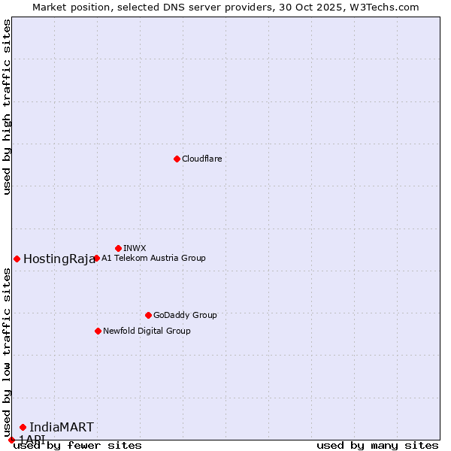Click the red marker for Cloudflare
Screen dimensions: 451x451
177,159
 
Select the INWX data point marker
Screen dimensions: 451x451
118,248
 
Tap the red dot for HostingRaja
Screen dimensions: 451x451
17,259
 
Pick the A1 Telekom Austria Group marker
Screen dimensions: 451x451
96,258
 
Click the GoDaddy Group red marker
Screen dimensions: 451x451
148,315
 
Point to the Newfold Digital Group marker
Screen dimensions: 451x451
98,331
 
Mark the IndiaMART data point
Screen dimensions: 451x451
23,427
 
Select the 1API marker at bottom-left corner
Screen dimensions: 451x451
11,440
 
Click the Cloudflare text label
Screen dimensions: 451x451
202,159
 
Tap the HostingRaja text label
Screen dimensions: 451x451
59,259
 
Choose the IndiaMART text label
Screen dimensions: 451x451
62,427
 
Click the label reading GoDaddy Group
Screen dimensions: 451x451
185,315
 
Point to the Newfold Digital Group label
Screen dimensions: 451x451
147,331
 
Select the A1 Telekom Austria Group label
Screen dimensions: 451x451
153,258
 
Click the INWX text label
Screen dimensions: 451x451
135,248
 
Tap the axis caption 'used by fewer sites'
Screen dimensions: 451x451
77,445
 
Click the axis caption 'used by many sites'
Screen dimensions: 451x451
377,445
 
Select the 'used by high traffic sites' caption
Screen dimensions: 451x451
7,107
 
